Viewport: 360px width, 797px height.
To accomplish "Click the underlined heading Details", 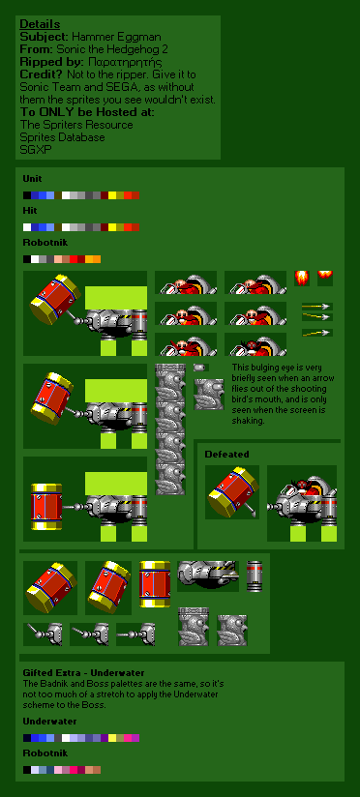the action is (x=40, y=24).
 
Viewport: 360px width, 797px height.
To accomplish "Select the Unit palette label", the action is (x=32, y=179).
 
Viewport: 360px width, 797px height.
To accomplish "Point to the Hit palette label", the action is (x=29, y=211).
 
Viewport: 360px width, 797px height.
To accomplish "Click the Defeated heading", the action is (x=226, y=454).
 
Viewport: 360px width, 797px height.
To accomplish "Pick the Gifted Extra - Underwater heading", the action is (x=83, y=672).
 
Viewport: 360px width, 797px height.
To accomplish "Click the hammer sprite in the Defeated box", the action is (x=232, y=492).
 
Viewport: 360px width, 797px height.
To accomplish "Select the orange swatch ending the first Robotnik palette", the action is (x=97, y=259).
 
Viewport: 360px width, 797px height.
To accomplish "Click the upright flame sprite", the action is (x=302, y=278).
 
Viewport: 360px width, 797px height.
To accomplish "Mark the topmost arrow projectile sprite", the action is (x=317, y=307).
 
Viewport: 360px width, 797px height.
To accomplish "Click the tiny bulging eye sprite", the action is (x=201, y=368).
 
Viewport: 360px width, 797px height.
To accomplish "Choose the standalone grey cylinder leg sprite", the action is (x=255, y=576).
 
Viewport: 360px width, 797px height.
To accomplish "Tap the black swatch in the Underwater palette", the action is (x=26, y=738).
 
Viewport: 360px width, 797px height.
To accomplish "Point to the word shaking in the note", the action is (x=248, y=421).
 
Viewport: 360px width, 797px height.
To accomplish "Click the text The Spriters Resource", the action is (x=76, y=125).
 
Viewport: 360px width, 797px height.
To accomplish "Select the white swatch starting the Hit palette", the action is (x=26, y=227).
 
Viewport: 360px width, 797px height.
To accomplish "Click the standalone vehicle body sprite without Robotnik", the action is (x=208, y=575).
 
